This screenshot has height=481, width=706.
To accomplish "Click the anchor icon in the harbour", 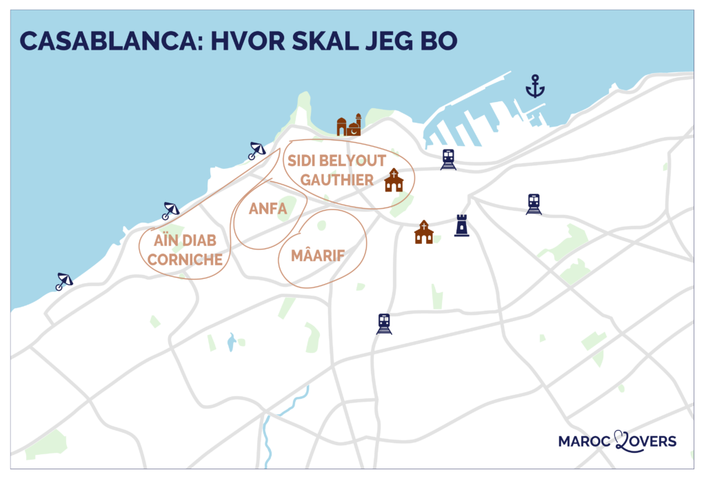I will (535, 87).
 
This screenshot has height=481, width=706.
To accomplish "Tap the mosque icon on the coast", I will (349, 125).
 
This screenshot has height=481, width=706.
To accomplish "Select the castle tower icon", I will (461, 225).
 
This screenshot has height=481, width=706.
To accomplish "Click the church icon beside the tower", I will (424, 232).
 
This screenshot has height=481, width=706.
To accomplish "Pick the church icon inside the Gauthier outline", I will (394, 181).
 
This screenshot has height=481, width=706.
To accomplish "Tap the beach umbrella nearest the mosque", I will (256, 150).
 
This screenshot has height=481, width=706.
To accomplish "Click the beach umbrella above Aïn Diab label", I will (170, 211).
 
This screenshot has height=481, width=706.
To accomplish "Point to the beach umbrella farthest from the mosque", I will (64, 281).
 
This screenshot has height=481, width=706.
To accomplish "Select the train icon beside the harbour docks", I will (448, 159).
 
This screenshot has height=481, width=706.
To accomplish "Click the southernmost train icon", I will (384, 323).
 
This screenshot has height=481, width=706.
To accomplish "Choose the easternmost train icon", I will (534, 204).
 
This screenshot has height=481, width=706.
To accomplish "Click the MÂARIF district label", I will (318, 256).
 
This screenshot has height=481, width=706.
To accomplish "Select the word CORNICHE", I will (185, 260).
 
